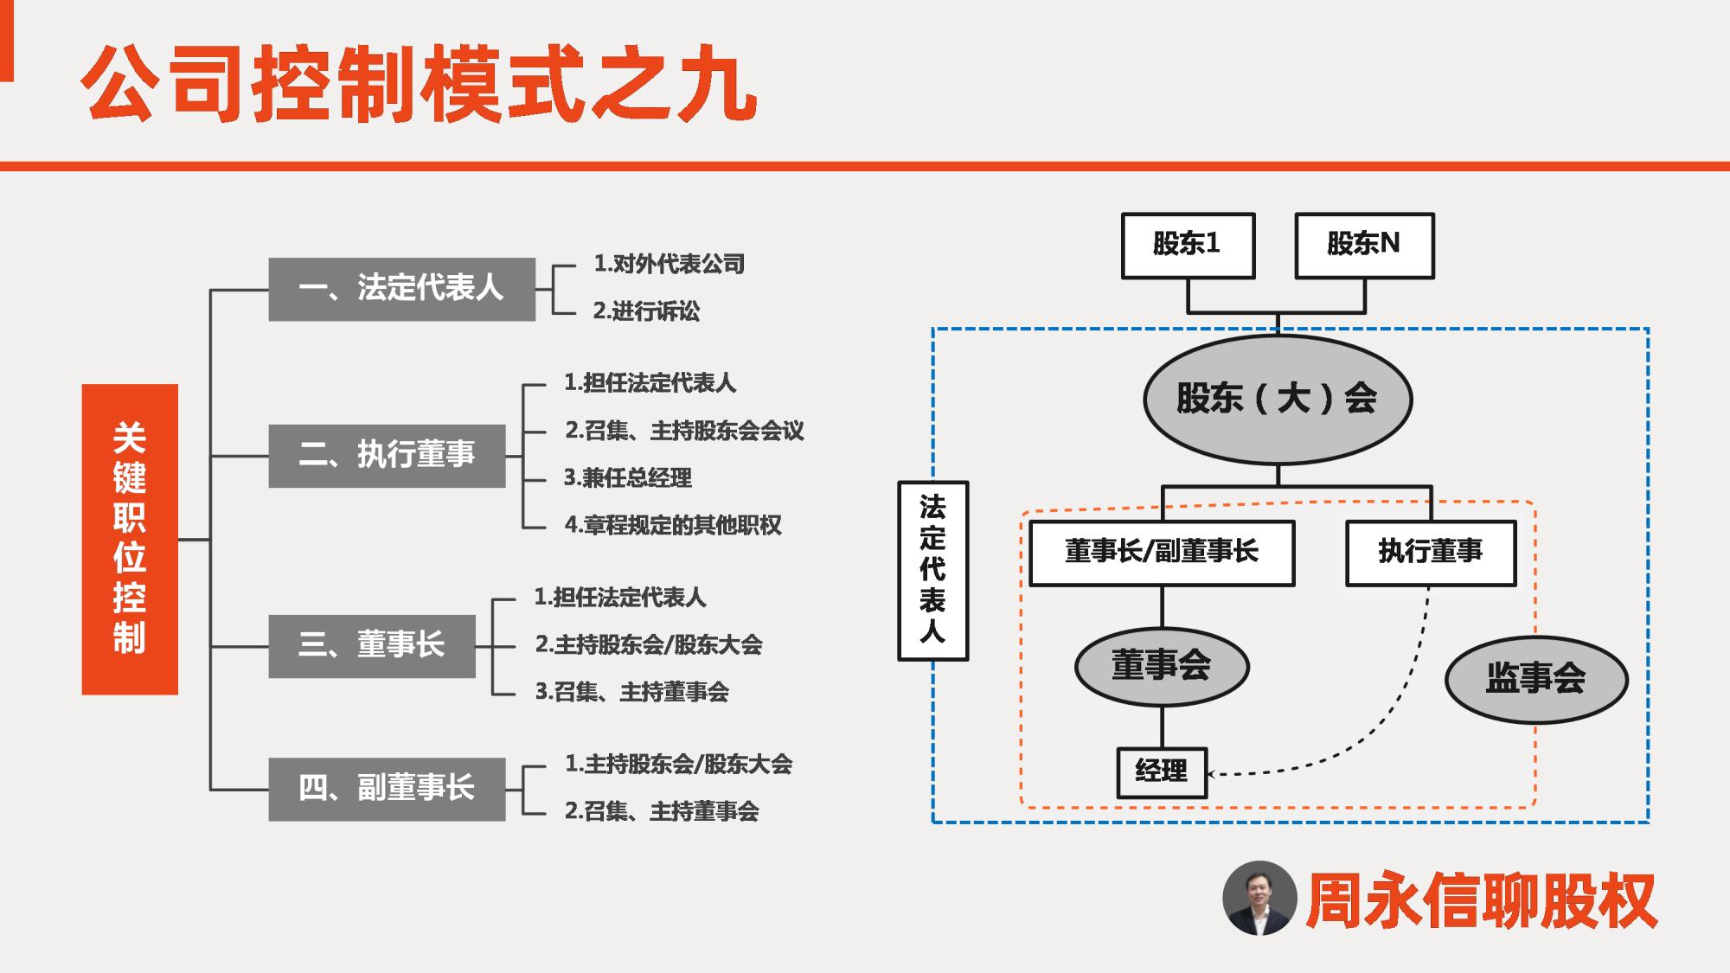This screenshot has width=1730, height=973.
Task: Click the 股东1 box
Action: [1188, 246]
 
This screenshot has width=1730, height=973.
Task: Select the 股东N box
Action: [1364, 246]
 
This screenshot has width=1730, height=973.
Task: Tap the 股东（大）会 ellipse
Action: [1278, 400]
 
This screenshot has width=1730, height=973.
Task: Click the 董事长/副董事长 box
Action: [1162, 553]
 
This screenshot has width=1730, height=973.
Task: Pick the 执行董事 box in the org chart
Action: [1431, 553]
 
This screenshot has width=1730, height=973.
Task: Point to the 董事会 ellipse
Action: [1162, 667]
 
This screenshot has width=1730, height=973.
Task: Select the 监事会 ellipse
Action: [1536, 679]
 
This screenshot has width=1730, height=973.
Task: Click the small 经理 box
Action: [1162, 772]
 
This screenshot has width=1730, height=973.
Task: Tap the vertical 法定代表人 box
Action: [932, 571]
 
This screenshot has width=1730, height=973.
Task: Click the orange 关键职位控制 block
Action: [130, 539]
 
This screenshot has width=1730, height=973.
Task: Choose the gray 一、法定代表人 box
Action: [401, 289]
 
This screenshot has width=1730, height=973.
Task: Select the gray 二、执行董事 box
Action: [387, 456]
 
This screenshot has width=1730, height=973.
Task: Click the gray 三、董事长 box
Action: [372, 646]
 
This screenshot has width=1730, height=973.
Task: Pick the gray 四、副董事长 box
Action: [387, 789]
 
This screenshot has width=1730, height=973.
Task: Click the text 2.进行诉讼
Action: [646, 311]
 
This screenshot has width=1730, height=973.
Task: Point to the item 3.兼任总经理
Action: [628, 478]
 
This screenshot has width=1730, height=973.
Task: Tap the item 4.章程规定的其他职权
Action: [673, 525]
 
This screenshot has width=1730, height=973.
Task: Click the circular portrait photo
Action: [1259, 898]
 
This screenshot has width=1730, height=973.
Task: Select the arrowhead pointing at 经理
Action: [1214, 773]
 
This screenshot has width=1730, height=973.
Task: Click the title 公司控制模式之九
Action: [420, 85]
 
